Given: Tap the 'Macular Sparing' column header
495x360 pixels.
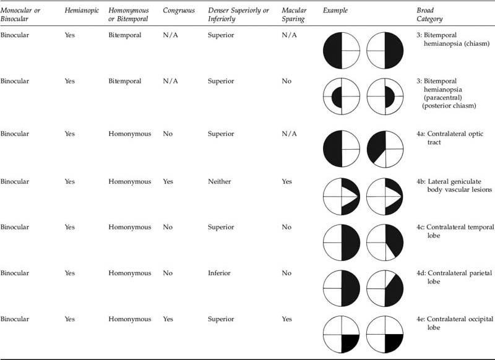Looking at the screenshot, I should pyautogui.click(x=294, y=15).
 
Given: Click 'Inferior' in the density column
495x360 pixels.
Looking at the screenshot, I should pyautogui.click(x=220, y=273).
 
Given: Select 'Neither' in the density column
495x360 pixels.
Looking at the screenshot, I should pyautogui.click(x=220, y=182).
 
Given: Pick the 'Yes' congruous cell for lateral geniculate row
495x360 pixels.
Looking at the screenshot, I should pyautogui.click(x=169, y=182).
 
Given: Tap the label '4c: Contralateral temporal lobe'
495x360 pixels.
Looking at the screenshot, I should pyautogui.click(x=455, y=231).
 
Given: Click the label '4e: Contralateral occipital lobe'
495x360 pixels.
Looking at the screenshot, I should pyautogui.click(x=455, y=323).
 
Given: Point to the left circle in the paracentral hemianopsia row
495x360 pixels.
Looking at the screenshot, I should pyautogui.click(x=341, y=97).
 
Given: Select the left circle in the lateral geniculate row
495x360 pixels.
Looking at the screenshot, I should pyautogui.click(x=341, y=196).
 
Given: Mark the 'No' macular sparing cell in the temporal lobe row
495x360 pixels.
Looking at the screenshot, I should pyautogui.click(x=285, y=228).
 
